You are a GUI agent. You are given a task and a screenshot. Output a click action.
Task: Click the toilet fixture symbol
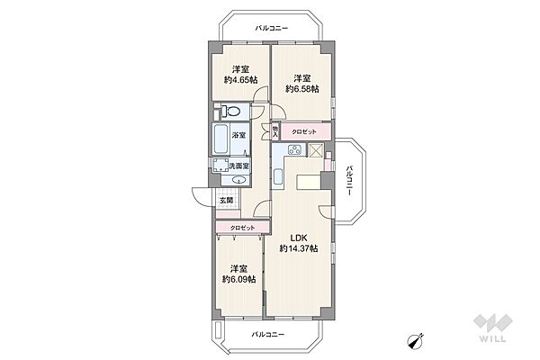tap(231, 112)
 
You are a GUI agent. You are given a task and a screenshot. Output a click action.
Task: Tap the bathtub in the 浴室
tap(220, 139)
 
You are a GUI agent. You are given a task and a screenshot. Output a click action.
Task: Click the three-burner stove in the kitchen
tap(295, 150)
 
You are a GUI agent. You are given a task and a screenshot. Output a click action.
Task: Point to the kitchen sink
tap(278, 177)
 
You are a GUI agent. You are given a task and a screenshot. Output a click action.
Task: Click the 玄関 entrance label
tap(226, 200)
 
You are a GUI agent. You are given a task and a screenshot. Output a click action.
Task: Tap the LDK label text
tap(298, 238)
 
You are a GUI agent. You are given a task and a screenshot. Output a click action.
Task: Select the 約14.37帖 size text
tap(298, 248)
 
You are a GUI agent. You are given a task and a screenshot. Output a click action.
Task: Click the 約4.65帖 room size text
tap(240, 80)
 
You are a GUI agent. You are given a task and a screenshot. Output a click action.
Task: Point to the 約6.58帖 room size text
tap(302, 89)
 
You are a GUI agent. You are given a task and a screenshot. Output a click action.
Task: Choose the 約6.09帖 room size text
tap(238, 279)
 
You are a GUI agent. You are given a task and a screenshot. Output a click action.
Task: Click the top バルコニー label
tap(272, 28)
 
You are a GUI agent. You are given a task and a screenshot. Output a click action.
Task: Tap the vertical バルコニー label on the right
tap(349, 181)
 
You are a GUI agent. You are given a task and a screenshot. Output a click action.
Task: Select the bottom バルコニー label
tap(268, 334)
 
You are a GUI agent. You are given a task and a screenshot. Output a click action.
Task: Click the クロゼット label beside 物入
tap(304, 131)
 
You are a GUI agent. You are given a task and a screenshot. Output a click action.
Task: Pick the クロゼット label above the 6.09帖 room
tap(242, 228)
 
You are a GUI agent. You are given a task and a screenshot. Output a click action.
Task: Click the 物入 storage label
tap(275, 131)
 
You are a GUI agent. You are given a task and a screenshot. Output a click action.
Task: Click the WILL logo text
tap(492, 338)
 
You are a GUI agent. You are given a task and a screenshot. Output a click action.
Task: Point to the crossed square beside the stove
tap(315, 150)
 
